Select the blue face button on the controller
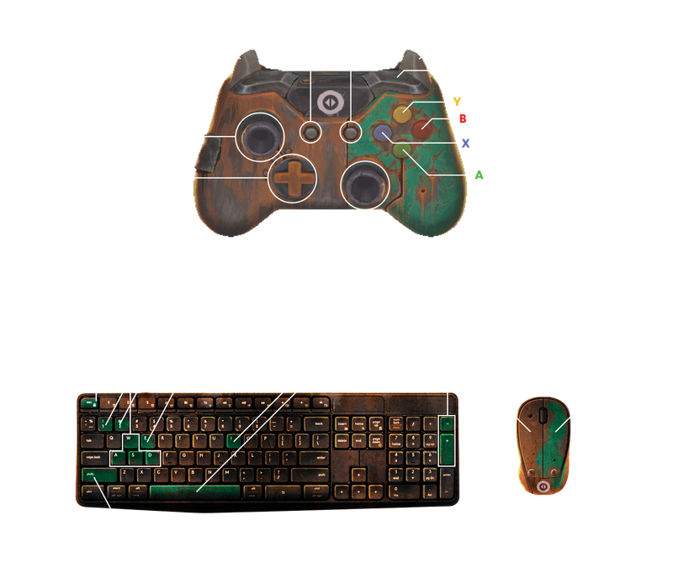pyautogui.click(x=383, y=133)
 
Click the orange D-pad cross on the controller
pyautogui.click(x=289, y=177)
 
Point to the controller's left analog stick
pyautogui.click(x=258, y=134)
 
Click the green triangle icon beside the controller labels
pyautogui.click(x=478, y=175)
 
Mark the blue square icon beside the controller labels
pyautogui.click(x=465, y=144)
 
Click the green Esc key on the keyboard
pyautogui.click(x=88, y=403)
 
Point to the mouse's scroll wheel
pyautogui.click(x=543, y=414)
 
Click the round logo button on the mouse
pyautogui.click(x=543, y=485)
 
